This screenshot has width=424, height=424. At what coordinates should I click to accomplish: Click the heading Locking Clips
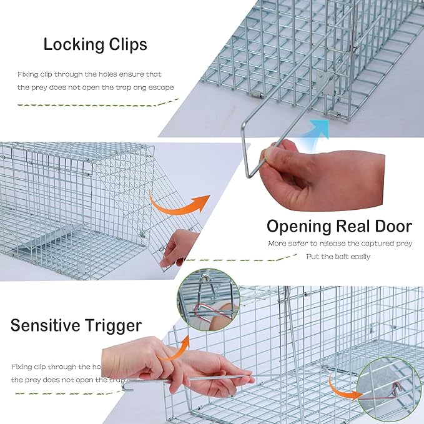tap(95, 44)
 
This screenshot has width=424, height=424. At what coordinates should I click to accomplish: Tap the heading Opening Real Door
tap(339, 225)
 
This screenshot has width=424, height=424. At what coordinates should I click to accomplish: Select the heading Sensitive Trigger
tap(76, 325)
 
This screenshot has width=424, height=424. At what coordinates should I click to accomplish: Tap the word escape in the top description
tap(160, 87)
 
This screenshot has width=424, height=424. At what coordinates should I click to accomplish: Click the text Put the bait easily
tap(338, 256)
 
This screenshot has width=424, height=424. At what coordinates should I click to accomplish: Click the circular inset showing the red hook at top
tap(209, 299)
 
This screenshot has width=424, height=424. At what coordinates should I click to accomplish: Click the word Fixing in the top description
tap(29, 74)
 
